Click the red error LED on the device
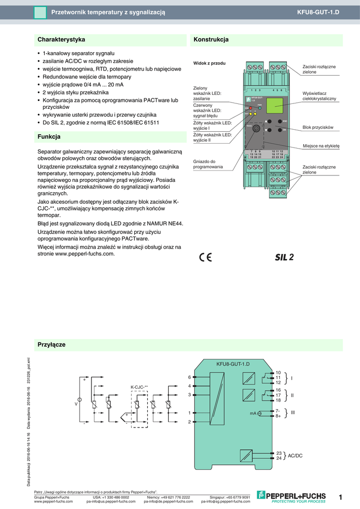coord(250,108)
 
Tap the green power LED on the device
coord(260,107)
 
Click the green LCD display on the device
coord(275,105)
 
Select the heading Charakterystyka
coord(62,39)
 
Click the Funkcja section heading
coord(49,136)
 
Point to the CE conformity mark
coord(205,257)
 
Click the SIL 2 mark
coord(284,257)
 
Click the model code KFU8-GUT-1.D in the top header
coord(318,11)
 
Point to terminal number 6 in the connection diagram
coord(189,377)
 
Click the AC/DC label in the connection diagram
coord(295,455)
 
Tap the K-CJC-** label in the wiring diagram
coord(139,386)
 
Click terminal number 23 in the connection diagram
coord(278,453)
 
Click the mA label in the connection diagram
coord(253,413)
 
